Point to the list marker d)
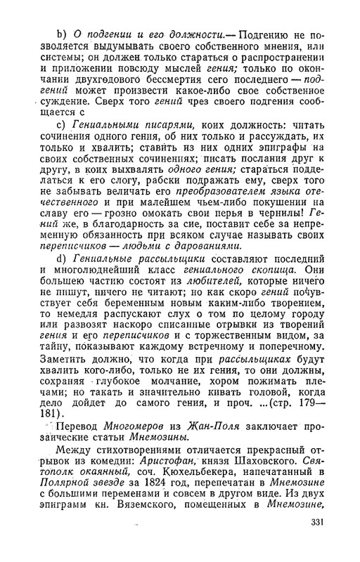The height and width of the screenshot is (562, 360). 61,259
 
